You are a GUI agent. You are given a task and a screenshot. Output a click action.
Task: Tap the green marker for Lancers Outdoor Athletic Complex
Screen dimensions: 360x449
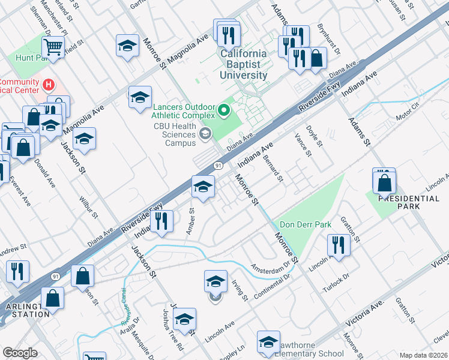click(x=224, y=110)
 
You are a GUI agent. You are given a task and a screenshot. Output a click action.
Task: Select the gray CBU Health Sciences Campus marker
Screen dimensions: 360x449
click(x=206, y=134)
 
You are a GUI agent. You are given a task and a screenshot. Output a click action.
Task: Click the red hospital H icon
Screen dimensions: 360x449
click(x=49, y=84)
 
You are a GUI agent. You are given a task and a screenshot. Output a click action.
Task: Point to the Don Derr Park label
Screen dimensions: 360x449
click(x=306, y=224)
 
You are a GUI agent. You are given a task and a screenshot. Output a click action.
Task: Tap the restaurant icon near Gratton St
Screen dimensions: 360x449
click(x=338, y=245)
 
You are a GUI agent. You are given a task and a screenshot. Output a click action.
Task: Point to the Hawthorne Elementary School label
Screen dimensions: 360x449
click(x=310, y=353)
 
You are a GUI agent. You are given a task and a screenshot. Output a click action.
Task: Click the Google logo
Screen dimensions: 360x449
click(x=20, y=353)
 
